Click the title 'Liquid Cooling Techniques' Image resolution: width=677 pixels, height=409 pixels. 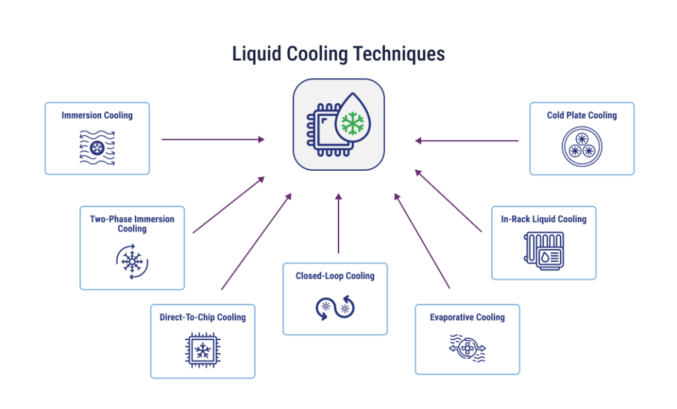(x=338, y=54)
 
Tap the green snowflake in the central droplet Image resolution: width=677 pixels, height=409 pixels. (x=353, y=123)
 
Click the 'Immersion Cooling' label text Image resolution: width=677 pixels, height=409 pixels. (x=97, y=115)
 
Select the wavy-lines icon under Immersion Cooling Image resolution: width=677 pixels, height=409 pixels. (x=97, y=148)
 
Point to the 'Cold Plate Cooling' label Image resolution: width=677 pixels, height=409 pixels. (x=582, y=115)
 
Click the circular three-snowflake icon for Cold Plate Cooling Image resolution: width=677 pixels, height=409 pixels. (x=582, y=146)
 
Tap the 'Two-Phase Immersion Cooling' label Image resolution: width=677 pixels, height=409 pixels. (x=132, y=224)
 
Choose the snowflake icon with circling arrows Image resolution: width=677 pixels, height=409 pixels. (x=132, y=261)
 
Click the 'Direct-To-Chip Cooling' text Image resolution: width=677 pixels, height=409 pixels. (x=203, y=318)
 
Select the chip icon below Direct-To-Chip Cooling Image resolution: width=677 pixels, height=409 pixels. (x=203, y=350)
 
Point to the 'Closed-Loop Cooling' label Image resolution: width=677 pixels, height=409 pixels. (x=335, y=276)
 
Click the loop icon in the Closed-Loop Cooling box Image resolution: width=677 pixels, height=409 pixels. (x=335, y=308)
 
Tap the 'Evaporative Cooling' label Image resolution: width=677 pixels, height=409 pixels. (x=467, y=318)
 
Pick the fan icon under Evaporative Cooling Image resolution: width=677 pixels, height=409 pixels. (x=467, y=348)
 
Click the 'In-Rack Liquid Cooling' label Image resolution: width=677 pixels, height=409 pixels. (x=543, y=219)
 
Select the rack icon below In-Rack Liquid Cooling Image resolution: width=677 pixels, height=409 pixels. (x=544, y=251)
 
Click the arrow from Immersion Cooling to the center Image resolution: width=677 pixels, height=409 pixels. (x=213, y=140)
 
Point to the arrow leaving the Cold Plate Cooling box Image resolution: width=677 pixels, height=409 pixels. (x=466, y=140)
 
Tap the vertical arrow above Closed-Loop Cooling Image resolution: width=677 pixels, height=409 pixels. (x=338, y=223)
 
